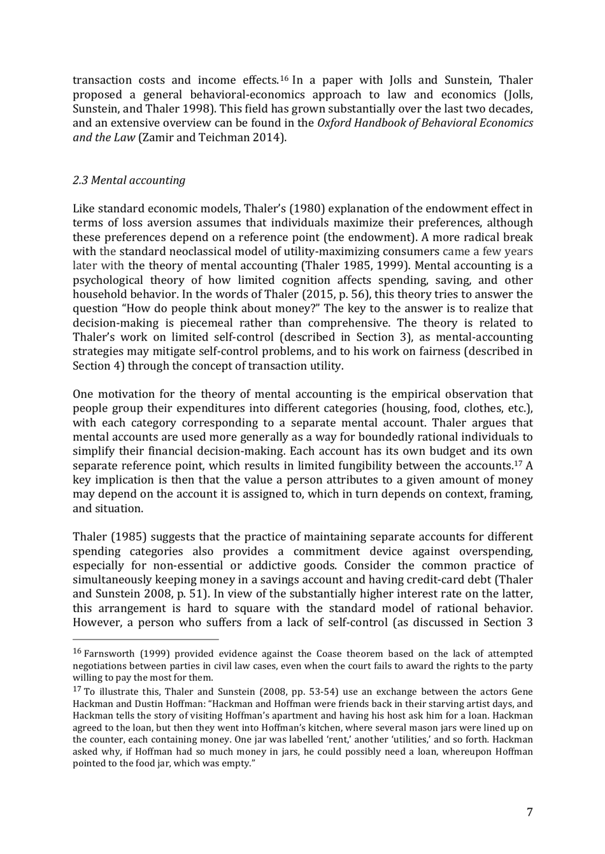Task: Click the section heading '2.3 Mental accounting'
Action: tap(129, 180)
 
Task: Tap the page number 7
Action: tap(529, 811)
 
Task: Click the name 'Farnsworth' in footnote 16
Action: tap(110, 654)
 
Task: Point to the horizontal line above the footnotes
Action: tap(146, 639)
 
